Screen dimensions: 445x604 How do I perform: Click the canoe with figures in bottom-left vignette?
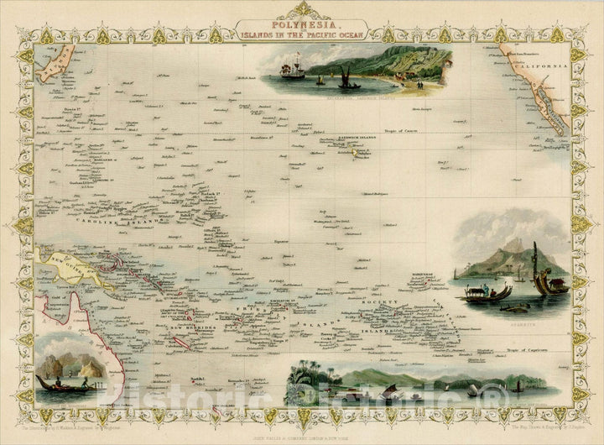click(63, 384)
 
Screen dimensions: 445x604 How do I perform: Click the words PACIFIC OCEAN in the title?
click(327, 36)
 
